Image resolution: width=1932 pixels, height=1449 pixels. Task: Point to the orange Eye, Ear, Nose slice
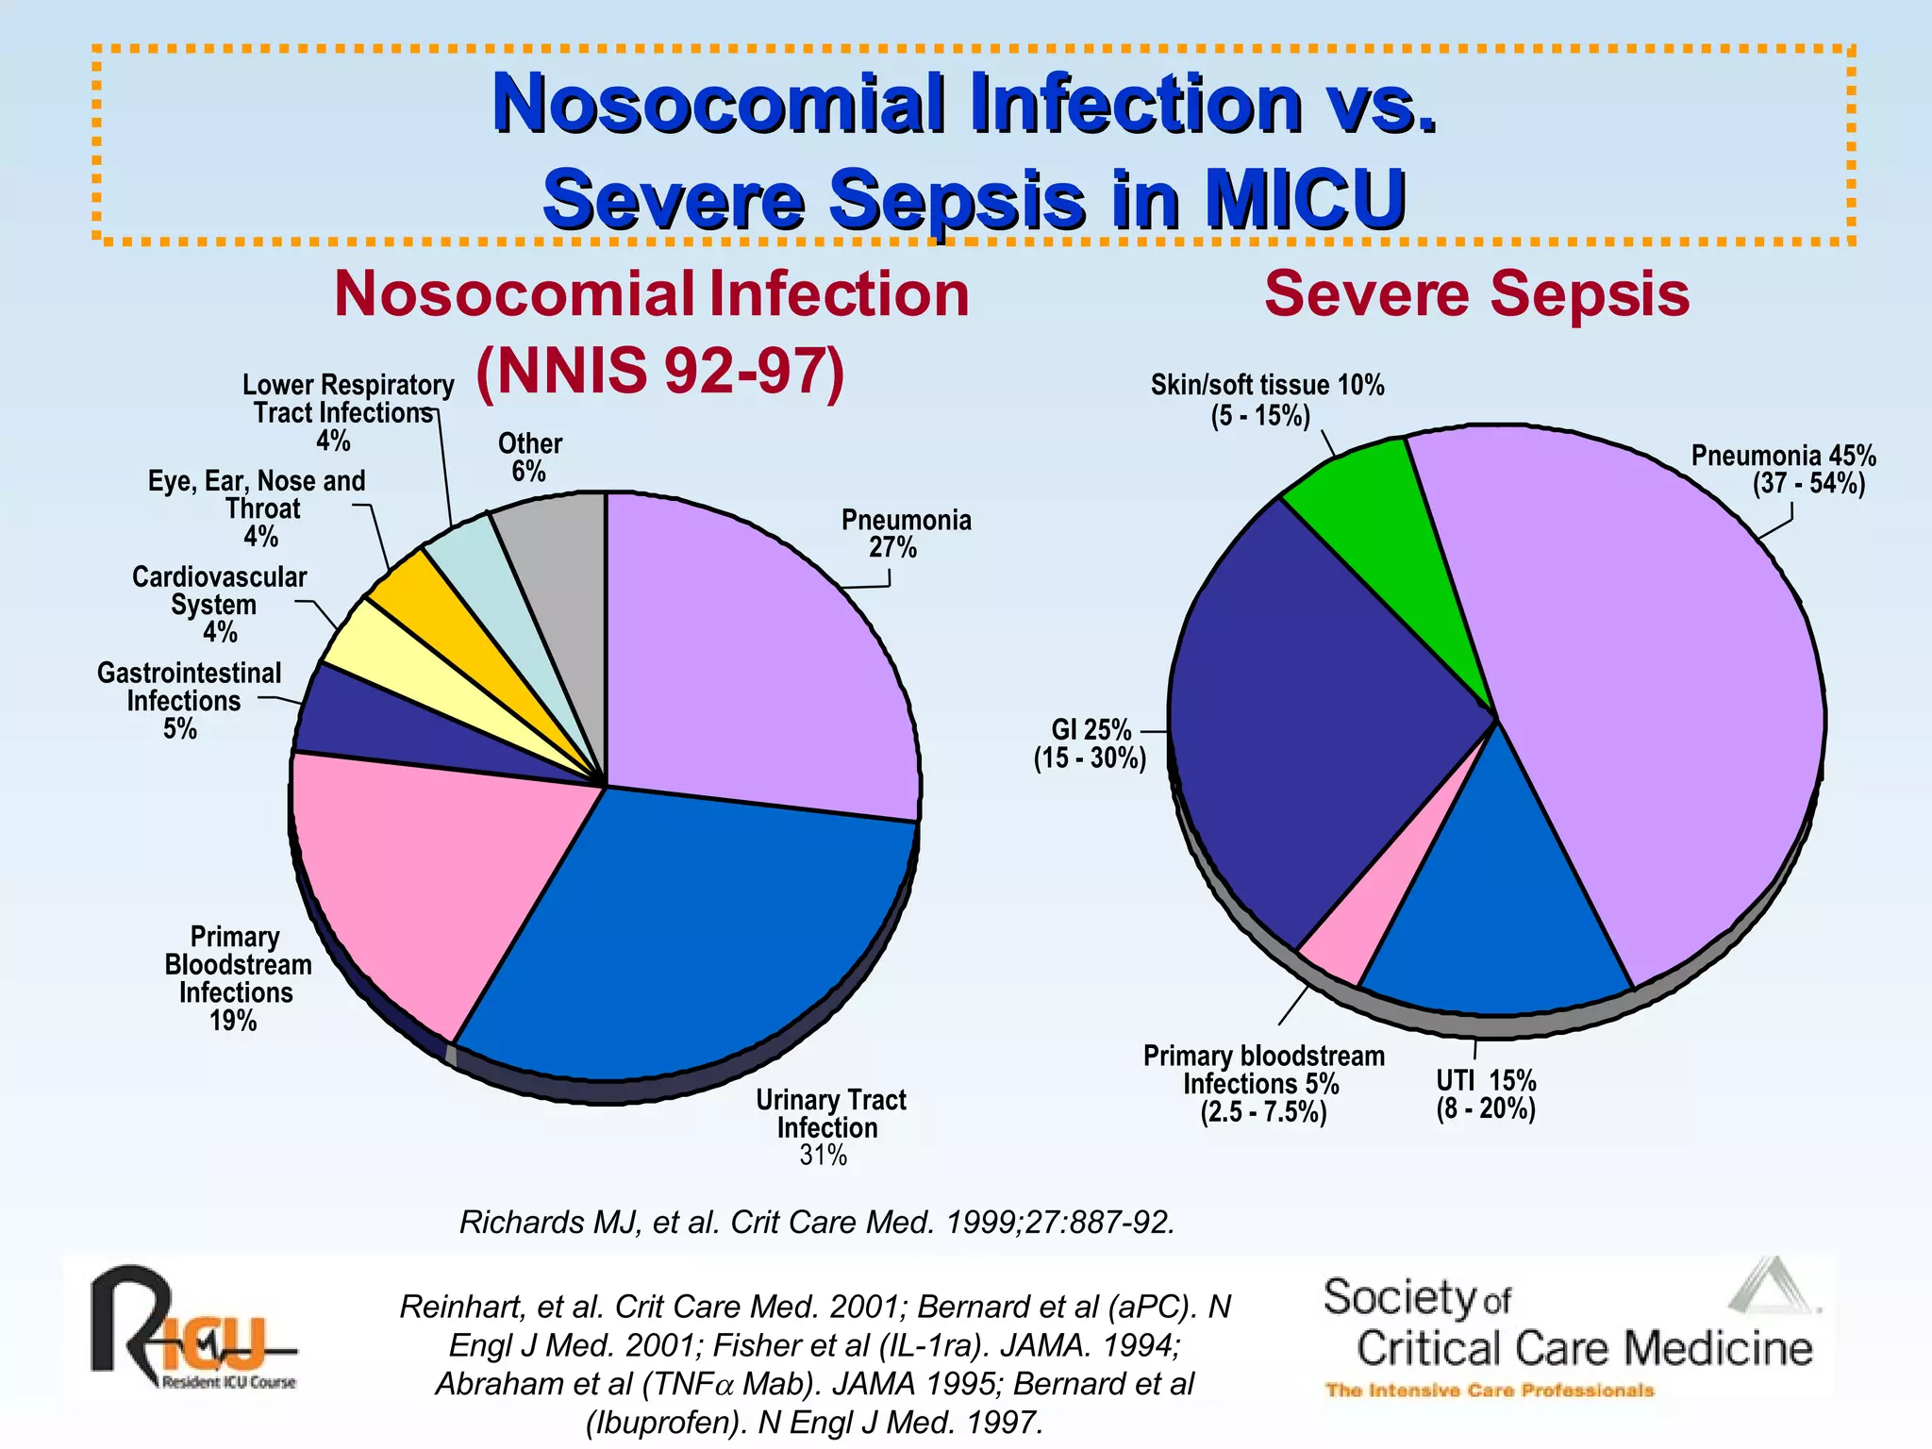coord(443,613)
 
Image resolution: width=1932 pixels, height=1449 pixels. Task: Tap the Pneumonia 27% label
coord(906,534)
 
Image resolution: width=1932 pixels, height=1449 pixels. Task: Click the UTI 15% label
coord(1486,1094)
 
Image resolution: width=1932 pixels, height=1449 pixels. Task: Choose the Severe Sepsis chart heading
coord(1476,294)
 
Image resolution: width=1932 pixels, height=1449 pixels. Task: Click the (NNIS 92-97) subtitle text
coord(660,371)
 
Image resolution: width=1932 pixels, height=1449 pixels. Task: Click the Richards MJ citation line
coord(817,1222)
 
